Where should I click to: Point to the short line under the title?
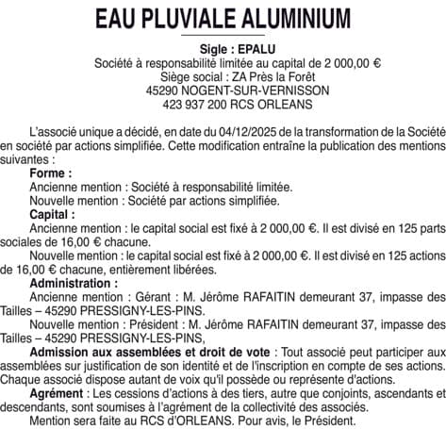(223, 36)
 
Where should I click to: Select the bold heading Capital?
(52, 215)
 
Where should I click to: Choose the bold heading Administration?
(75, 283)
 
